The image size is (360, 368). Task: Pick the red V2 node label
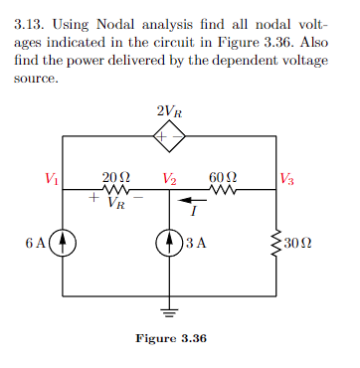click(x=170, y=179)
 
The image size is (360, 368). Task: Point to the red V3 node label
click(x=286, y=179)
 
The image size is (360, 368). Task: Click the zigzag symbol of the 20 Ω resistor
click(x=115, y=190)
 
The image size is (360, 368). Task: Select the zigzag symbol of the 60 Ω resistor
click(x=222, y=190)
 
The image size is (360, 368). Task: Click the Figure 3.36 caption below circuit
click(x=170, y=339)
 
